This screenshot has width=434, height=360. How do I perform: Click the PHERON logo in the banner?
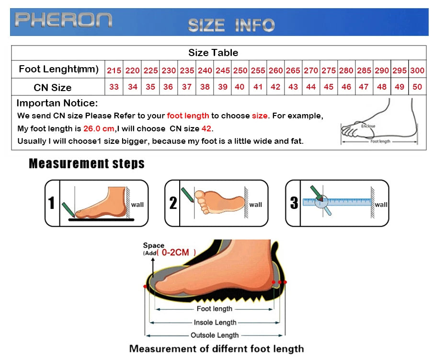(63, 20)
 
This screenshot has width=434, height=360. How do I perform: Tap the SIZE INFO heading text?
(231, 25)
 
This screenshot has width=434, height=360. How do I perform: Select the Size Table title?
(213, 53)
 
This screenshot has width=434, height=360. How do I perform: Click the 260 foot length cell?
(275, 70)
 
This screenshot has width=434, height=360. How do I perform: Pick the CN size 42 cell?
(275, 87)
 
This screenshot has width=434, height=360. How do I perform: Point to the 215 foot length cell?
(114, 70)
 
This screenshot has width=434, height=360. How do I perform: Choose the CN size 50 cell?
(417, 87)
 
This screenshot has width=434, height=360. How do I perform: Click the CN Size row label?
(53, 88)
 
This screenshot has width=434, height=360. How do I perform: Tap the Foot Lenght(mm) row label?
(58, 70)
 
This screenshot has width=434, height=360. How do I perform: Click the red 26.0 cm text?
(99, 128)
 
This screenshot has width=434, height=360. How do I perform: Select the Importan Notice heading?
(57, 103)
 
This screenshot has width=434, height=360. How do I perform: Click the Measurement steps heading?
(87, 163)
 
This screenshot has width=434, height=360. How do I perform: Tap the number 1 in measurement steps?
(52, 203)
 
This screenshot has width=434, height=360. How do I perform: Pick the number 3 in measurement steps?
(294, 203)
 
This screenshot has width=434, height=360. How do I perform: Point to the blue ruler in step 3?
(337, 202)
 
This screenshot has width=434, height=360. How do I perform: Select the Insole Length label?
(215, 323)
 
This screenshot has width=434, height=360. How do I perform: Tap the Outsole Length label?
(215, 335)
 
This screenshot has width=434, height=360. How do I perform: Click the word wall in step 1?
(137, 205)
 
